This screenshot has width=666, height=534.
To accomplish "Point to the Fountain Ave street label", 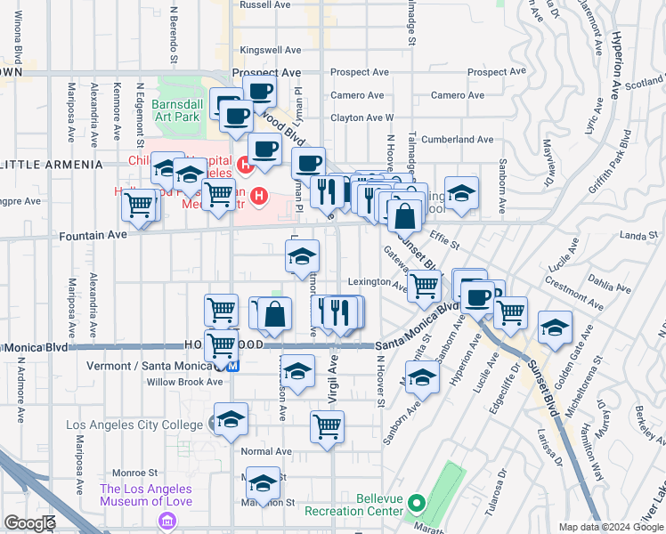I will [94, 237].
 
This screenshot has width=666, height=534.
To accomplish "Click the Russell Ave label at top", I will [265, 4].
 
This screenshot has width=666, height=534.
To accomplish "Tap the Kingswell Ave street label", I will [265, 50].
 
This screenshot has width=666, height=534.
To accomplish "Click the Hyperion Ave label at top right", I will [615, 68].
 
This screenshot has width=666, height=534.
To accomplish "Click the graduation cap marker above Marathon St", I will [262, 481].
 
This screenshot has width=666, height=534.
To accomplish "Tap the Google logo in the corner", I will [29, 523].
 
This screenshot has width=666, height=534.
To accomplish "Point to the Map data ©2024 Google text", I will [610, 527].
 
